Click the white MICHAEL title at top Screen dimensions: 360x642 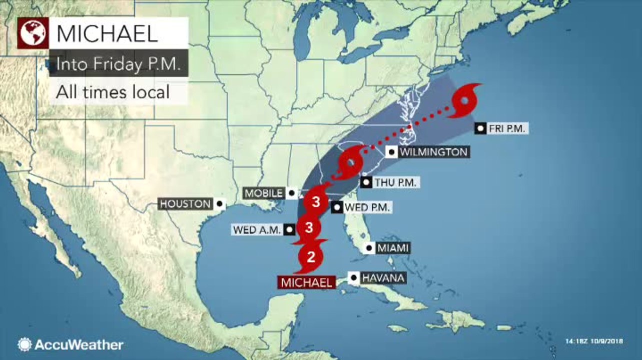click(x=107, y=33)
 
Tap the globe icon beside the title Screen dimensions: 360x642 click(x=34, y=33)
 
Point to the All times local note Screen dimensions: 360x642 click(x=112, y=92)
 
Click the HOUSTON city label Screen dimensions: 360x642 click(x=185, y=203)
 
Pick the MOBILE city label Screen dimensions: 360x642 click(x=264, y=192)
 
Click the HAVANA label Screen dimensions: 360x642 click(x=383, y=277)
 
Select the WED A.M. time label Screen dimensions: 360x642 click(x=256, y=230)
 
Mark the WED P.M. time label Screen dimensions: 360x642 click(x=367, y=207)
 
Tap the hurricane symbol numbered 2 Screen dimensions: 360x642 click(x=310, y=257)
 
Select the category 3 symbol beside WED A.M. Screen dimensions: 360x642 click(x=309, y=228)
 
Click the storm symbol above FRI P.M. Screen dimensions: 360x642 click(x=465, y=101)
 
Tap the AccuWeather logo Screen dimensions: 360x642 click(x=71, y=344)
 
